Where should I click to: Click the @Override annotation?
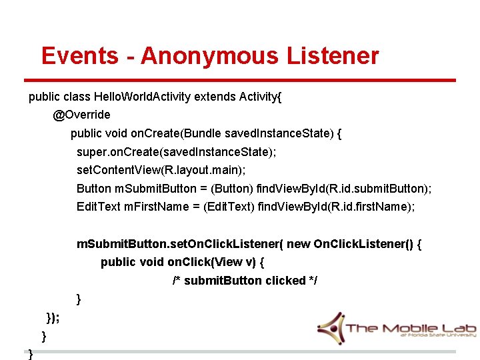coord(82,115)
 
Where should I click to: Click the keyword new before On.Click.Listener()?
coord(298,244)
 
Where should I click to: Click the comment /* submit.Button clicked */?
coord(245,281)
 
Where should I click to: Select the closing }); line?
coord(52,317)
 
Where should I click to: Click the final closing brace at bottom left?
coord(31,354)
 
